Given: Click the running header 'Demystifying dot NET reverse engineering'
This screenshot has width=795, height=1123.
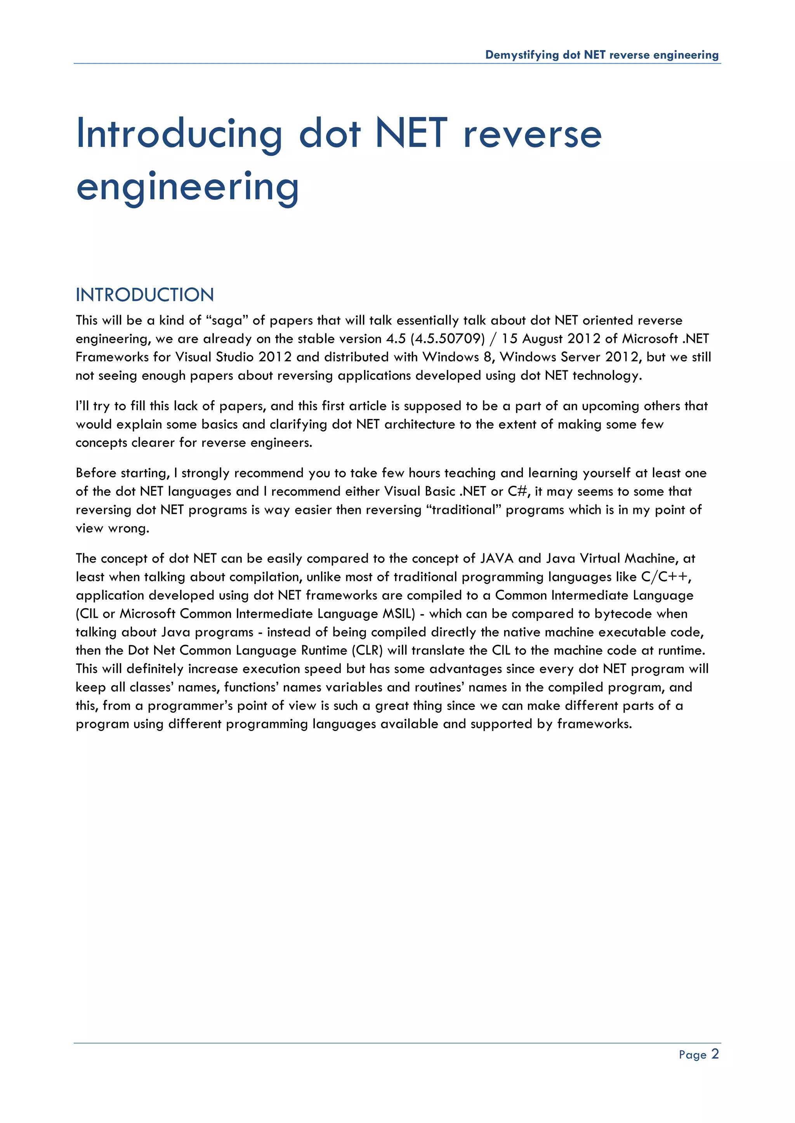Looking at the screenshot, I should (602, 55).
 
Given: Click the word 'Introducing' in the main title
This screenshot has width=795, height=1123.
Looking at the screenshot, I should (179, 133).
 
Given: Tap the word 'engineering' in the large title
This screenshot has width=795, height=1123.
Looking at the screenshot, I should (187, 187).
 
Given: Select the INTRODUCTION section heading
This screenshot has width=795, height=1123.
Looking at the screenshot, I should (145, 295).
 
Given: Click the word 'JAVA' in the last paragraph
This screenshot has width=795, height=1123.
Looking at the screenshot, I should (496, 558).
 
